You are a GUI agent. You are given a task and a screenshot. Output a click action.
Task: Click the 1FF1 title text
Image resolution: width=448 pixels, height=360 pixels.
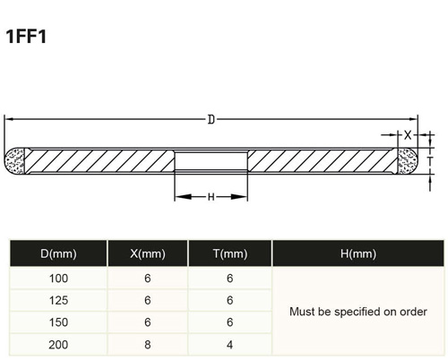point(26,37)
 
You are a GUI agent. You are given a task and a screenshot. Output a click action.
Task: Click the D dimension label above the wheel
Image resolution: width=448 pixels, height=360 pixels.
point(211,120)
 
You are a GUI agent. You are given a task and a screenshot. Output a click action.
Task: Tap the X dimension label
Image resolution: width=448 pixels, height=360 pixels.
point(408,135)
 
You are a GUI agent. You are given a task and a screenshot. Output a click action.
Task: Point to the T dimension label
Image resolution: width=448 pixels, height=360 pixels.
point(430,161)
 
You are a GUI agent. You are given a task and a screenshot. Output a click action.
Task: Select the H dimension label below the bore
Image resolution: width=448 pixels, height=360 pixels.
point(211,197)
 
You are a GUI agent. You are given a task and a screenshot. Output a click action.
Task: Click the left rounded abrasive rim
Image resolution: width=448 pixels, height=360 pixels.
point(14,161)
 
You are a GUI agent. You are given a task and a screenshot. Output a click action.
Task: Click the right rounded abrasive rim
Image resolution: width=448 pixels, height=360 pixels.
point(408,161)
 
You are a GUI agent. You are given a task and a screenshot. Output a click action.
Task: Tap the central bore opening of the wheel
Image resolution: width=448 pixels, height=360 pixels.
point(211,161)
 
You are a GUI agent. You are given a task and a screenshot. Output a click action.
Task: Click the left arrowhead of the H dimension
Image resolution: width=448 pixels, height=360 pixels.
point(183,197)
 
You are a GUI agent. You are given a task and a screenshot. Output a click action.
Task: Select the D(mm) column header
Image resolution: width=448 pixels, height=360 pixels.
point(58,253)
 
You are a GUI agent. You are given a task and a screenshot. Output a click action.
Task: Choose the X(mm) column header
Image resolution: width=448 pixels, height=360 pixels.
point(148,253)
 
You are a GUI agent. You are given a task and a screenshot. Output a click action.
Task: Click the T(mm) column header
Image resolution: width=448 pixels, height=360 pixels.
point(230,253)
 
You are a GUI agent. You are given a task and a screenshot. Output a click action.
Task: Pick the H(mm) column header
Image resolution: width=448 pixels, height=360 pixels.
point(358,253)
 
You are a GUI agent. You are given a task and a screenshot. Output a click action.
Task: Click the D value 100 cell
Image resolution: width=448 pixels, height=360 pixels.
point(58,279)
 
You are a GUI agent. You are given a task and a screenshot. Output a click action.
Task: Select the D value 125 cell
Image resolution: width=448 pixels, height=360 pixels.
point(58,300)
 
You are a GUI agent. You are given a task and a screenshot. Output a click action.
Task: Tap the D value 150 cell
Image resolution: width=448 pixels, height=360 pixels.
point(58,322)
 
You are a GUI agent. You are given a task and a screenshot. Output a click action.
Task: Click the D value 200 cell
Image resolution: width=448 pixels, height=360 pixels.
point(58,345)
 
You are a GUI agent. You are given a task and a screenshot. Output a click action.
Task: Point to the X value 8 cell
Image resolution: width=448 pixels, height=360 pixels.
point(148,345)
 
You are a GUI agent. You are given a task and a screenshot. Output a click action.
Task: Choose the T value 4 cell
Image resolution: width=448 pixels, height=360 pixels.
point(229,345)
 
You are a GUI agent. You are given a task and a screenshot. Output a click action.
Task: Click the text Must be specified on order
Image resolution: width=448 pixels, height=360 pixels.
point(358,312)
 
